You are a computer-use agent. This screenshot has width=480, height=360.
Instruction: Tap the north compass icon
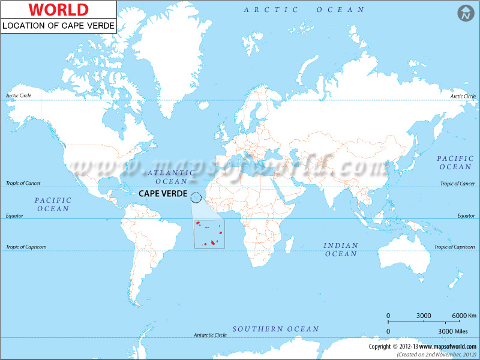click(466, 13)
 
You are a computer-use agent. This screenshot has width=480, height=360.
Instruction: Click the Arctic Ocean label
click(304, 10)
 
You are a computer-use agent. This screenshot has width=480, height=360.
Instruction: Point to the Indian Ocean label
click(341, 250)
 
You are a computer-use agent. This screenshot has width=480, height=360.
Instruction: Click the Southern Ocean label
click(276, 329)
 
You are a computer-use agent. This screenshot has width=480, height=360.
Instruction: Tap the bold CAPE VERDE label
click(163, 194)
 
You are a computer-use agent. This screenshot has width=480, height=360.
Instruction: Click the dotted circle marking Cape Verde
click(196, 197)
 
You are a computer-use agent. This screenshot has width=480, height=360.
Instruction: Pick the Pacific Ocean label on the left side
click(53, 204)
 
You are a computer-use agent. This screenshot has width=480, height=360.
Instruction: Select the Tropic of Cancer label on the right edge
click(458, 184)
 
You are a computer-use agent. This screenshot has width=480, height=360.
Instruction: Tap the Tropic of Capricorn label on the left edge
click(26, 247)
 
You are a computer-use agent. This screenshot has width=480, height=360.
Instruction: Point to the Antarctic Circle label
click(210, 335)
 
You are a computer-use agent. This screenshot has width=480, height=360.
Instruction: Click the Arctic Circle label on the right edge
click(463, 96)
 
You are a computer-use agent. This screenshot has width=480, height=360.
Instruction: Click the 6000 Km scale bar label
click(464, 316)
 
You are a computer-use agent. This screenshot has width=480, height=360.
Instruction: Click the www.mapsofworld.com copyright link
click(445, 346)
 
